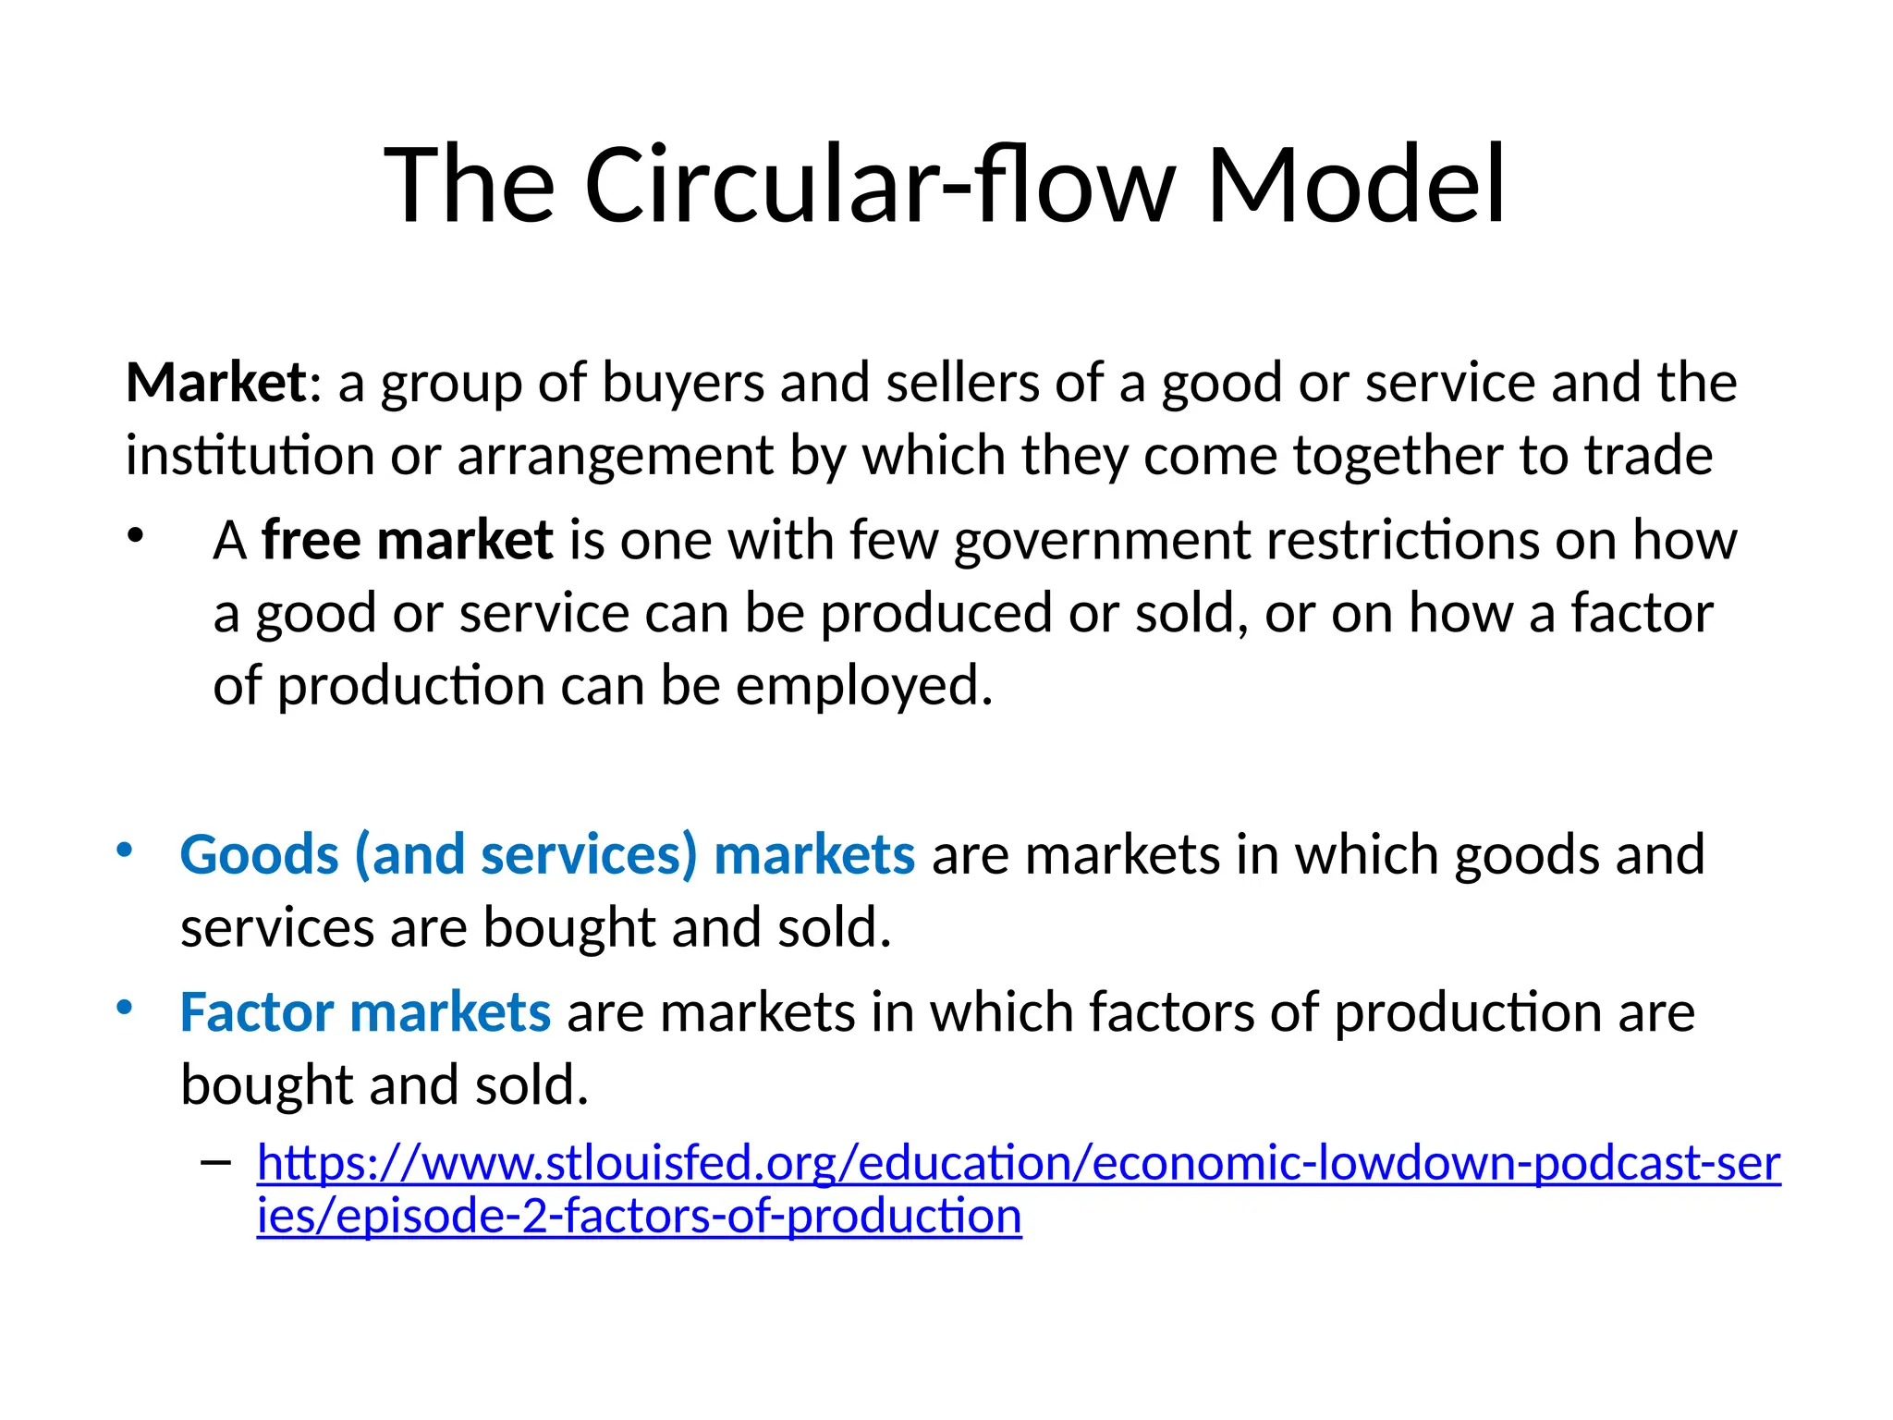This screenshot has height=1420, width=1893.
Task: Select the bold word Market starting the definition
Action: pyautogui.click(x=215, y=382)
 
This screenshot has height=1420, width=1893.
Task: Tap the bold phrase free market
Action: pyautogui.click(x=407, y=540)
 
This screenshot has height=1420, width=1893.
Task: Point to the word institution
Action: pyautogui.click(x=250, y=456)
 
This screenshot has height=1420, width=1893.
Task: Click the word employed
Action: pyautogui.click(x=863, y=688)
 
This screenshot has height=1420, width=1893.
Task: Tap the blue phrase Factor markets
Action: pyautogui.click(x=365, y=1012)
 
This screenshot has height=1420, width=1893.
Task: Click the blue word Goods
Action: pyautogui.click(x=260, y=855)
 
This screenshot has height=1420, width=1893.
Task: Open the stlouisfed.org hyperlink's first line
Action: pyautogui.click(x=1018, y=1163)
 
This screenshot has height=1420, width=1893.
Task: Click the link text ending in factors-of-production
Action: pyautogui.click(x=639, y=1216)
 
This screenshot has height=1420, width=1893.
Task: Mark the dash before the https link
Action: pyautogui.click(x=215, y=1162)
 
